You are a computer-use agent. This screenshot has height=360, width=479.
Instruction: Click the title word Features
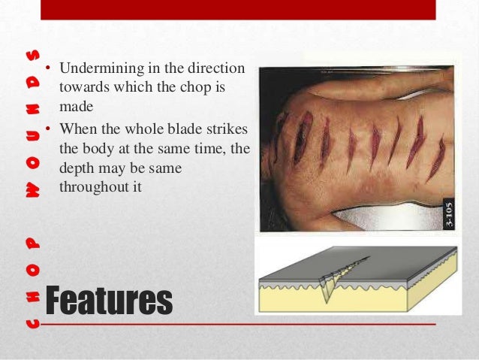[108, 301]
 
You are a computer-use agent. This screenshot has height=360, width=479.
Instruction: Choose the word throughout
[93, 185]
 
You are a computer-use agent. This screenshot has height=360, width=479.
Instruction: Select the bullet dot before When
[47, 129]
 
